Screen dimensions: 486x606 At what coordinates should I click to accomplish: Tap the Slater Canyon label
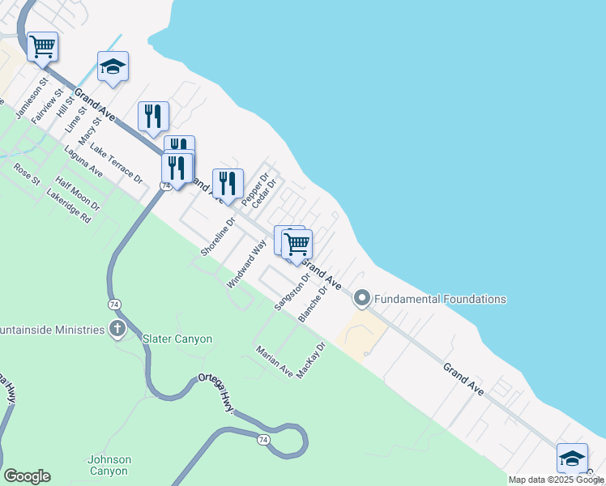(177, 339)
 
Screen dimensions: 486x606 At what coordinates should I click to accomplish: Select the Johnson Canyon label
(109, 465)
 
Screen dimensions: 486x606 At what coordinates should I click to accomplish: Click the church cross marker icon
(117, 329)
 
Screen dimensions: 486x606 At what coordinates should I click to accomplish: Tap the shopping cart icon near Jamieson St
(42, 46)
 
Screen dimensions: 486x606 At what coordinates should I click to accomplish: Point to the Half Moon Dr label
(78, 194)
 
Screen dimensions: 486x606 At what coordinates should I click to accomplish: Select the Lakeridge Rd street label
(69, 207)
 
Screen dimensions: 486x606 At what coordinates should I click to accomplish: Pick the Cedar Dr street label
(264, 193)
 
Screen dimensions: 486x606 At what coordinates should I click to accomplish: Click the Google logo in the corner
(27, 476)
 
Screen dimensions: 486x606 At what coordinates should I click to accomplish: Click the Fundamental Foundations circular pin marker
(361, 299)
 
